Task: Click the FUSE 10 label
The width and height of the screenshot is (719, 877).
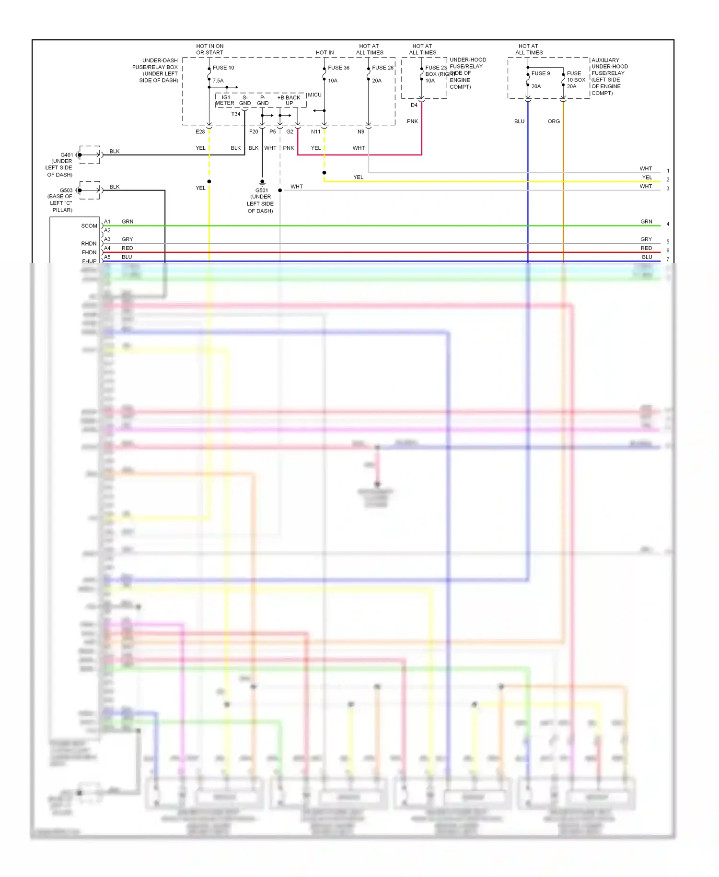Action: click(x=223, y=68)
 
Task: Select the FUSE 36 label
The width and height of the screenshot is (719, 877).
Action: click(x=338, y=68)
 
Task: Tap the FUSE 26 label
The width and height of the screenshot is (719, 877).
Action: click(x=383, y=68)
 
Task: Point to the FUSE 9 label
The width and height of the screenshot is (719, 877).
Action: click(x=540, y=73)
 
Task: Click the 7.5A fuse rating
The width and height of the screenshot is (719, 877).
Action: click(x=218, y=81)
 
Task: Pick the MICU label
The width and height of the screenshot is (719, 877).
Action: click(x=314, y=95)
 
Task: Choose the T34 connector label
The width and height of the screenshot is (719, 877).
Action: click(x=236, y=114)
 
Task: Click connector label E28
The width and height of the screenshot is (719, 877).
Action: click(x=200, y=131)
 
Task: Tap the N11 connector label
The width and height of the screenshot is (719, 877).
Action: click(x=315, y=131)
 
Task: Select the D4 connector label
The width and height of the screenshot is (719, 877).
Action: click(x=414, y=105)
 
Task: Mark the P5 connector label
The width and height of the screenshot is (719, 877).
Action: click(x=272, y=131)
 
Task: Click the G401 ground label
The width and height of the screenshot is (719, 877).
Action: click(x=67, y=155)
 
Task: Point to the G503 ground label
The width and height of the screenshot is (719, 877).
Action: click(x=66, y=190)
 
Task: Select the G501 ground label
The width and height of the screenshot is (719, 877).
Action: click(x=262, y=190)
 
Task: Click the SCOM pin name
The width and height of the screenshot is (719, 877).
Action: click(x=89, y=226)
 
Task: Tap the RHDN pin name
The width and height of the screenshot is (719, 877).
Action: click(x=89, y=244)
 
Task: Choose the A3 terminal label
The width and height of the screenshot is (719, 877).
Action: click(x=107, y=239)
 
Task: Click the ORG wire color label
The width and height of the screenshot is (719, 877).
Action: click(x=554, y=121)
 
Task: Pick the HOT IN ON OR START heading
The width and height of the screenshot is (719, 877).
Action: click(x=210, y=49)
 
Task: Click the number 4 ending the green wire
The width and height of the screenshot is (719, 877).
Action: click(x=668, y=224)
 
